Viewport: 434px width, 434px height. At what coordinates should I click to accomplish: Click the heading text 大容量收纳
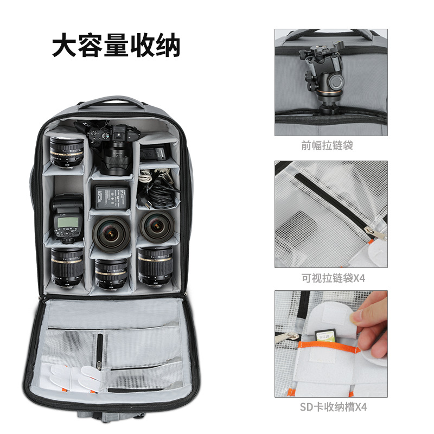point(116,46)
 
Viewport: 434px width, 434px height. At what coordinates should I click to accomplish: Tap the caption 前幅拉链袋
point(330,145)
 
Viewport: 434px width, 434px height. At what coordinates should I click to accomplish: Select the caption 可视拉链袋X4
point(330,278)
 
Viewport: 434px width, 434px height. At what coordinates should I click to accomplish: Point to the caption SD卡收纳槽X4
point(330,407)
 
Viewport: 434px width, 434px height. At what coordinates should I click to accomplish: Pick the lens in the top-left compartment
point(66,151)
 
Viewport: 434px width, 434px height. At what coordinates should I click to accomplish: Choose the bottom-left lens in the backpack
point(66,267)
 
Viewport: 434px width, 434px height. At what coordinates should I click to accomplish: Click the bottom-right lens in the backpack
point(155,265)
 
